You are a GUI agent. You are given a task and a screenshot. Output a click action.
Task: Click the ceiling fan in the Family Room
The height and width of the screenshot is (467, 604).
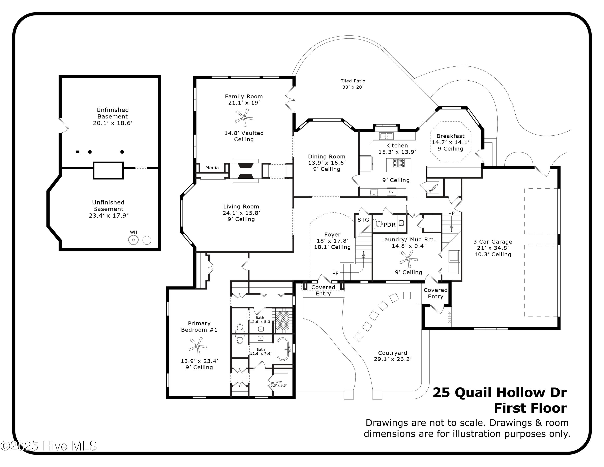pyautogui.click(x=244, y=118)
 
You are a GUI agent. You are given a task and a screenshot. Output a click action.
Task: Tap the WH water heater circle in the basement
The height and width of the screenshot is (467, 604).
pyautogui.click(x=133, y=240)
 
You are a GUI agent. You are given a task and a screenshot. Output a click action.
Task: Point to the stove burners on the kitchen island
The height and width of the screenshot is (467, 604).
pyautogui.click(x=398, y=163)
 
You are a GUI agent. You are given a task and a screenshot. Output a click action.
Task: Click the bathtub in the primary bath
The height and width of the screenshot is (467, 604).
pyautogui.click(x=283, y=349)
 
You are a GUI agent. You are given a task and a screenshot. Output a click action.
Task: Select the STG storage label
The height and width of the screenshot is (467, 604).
pyautogui.click(x=363, y=220)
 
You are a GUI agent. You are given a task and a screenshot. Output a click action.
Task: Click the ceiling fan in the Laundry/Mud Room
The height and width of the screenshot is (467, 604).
pyautogui.click(x=409, y=259)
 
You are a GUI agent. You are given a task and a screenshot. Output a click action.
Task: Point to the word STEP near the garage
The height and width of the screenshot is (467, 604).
pyautogui.click(x=449, y=317)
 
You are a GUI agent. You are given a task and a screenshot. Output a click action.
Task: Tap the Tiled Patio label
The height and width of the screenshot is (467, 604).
pyautogui.click(x=353, y=81)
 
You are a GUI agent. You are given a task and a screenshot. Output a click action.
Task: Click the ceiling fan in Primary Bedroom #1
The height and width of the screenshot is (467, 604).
pyautogui.click(x=198, y=346)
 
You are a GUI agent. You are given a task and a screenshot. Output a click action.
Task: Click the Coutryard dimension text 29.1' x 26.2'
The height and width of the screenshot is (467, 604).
pyautogui.click(x=393, y=359)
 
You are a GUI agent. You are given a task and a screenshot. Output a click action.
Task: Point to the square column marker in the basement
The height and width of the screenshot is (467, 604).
pyautogui.click(x=78, y=152)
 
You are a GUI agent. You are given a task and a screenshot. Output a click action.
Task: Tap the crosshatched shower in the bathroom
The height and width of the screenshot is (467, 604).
pyautogui.click(x=282, y=321)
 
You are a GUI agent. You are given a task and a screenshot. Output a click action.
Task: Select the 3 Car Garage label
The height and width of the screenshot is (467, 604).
pyautogui.click(x=492, y=242)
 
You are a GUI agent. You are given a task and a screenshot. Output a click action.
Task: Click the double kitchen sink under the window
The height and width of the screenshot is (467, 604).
pyautogui.click(x=386, y=136)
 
